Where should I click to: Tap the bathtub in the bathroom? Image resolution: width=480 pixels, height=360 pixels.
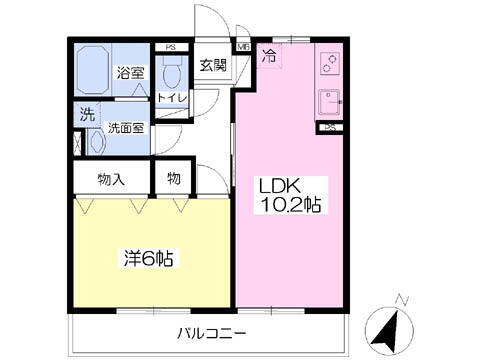coord(95,67)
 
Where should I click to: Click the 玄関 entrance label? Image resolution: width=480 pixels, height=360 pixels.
coord(212,66)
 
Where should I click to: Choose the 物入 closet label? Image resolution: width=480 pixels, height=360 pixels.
coord(111,180)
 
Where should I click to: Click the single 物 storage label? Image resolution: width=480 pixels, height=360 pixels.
coord(173,180)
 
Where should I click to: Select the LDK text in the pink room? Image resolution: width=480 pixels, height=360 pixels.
coord(280,186)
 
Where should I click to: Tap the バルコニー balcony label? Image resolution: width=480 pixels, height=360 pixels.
coord(212,334)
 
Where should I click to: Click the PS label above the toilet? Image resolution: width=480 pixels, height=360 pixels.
coord(171,46)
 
